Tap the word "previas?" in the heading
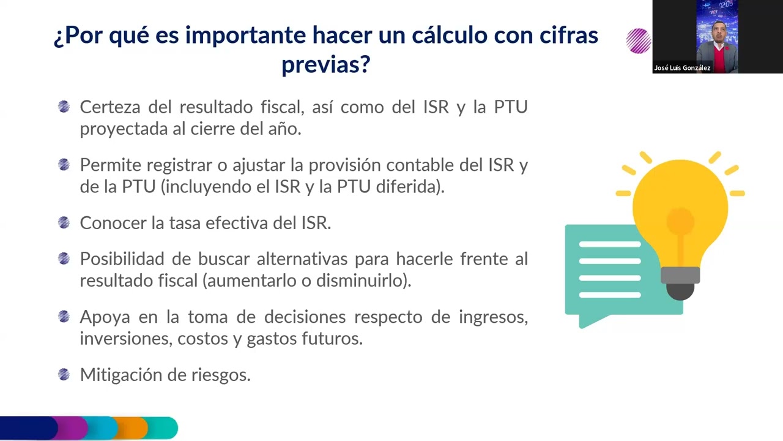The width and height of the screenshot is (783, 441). pyautogui.click(x=325, y=64)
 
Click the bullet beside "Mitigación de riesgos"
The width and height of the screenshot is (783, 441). pyautogui.click(x=64, y=374)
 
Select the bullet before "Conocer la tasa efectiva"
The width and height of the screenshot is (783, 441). pyautogui.click(x=64, y=222)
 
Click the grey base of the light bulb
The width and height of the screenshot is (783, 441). pyautogui.click(x=680, y=275)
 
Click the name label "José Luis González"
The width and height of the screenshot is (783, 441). pyautogui.click(x=682, y=68)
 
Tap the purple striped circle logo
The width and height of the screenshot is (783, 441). pyautogui.click(x=638, y=41)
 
